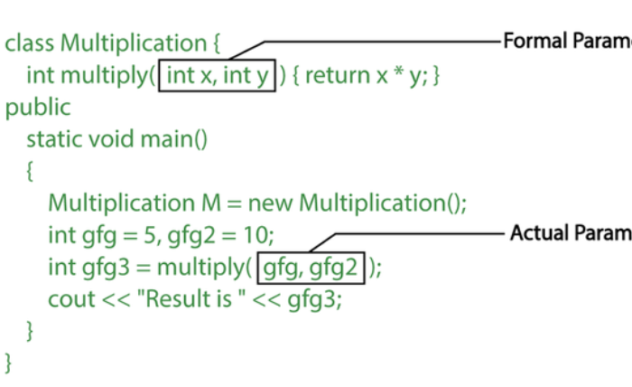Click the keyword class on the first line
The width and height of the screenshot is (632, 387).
(30, 43)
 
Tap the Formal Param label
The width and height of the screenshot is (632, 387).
(566, 42)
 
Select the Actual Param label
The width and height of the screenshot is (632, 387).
(570, 233)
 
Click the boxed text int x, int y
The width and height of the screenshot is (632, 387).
(217, 75)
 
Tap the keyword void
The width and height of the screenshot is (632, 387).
(113, 139)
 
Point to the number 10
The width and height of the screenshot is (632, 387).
(255, 235)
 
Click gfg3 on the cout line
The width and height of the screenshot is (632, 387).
(315, 299)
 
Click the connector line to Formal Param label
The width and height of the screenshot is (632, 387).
(379, 42)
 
